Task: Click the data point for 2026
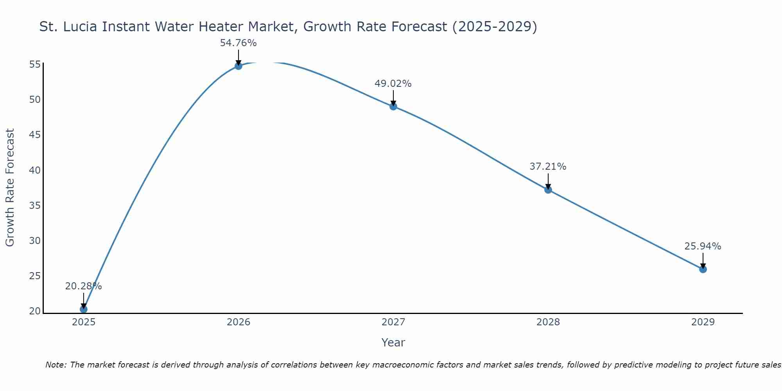point(239,66)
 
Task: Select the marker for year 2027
point(393,106)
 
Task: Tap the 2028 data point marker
point(548,190)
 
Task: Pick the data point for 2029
point(703,269)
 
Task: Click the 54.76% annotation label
point(238,43)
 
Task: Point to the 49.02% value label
point(393,84)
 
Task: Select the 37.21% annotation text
point(548,167)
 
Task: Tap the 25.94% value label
point(703,246)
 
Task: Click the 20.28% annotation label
point(83,286)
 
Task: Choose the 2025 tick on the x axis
point(84,322)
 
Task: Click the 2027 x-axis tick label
point(393,322)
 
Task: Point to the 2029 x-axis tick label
point(703,322)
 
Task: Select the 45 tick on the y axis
point(35,135)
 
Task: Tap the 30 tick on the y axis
point(35,241)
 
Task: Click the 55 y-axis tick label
point(35,65)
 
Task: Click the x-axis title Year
point(393,343)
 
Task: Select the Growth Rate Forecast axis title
point(10,187)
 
